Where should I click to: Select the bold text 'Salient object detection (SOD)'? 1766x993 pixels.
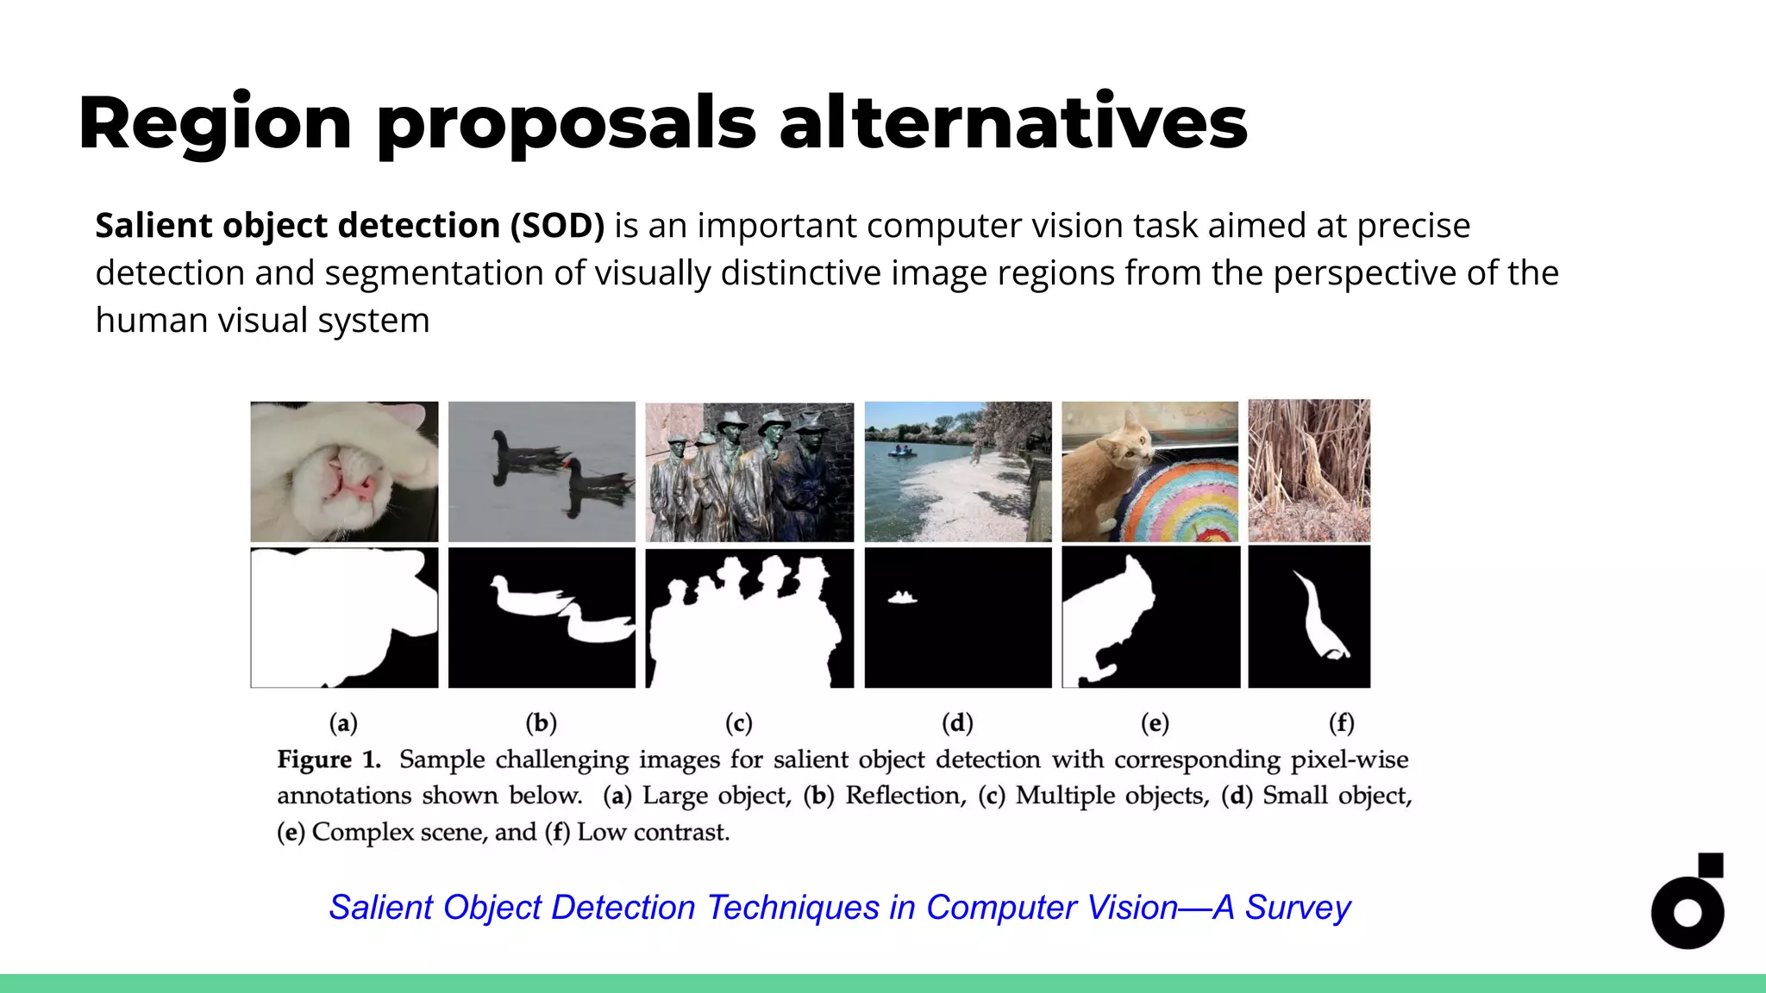pyautogui.click(x=349, y=226)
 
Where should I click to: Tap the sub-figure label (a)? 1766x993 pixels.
pyautogui.click(x=343, y=722)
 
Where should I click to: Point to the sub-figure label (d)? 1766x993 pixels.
pyautogui.click(x=957, y=722)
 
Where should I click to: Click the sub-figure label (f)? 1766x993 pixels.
pyautogui.click(x=1341, y=722)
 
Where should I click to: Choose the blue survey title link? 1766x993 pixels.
pyautogui.click(x=839, y=908)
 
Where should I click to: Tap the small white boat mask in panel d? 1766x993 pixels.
pyautogui.click(x=903, y=597)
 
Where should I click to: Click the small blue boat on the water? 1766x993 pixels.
pyautogui.click(x=902, y=451)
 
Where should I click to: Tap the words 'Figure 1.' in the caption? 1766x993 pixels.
pyautogui.click(x=329, y=759)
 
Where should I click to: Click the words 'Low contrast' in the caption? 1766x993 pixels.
pyautogui.click(x=653, y=832)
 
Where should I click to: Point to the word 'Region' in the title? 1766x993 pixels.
pyautogui.click(x=215, y=123)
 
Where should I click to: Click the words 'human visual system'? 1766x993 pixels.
pyautogui.click(x=262, y=321)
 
